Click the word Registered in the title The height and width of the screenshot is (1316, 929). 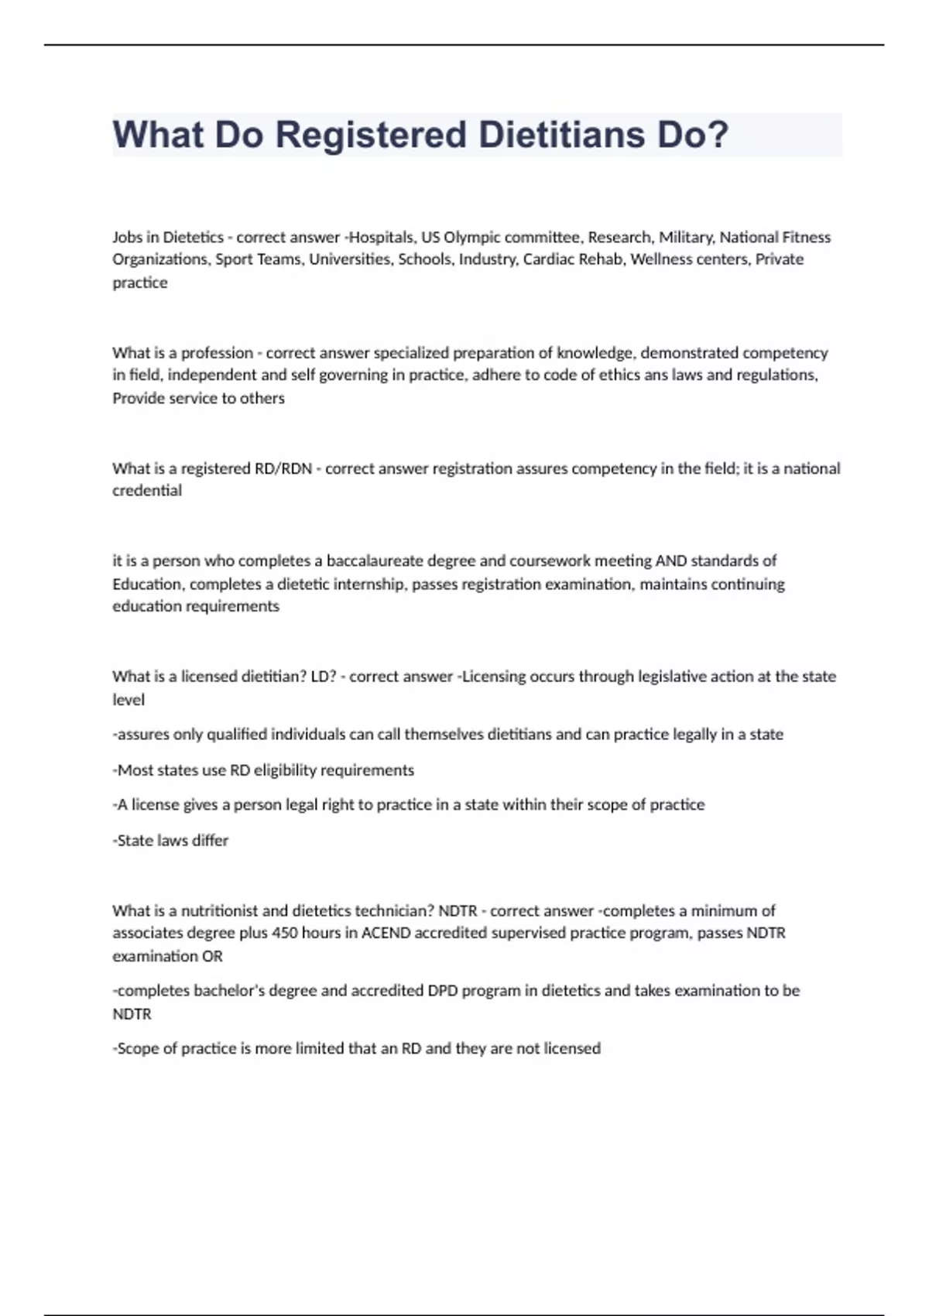point(370,135)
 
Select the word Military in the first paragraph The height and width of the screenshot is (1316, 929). point(687,237)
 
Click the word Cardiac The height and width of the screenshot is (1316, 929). point(547,259)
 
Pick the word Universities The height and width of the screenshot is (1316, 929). point(351,259)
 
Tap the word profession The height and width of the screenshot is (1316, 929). point(217,353)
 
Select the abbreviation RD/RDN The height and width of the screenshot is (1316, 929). point(283,468)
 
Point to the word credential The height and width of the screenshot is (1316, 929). point(147,491)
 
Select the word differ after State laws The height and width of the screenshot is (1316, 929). point(211,841)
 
